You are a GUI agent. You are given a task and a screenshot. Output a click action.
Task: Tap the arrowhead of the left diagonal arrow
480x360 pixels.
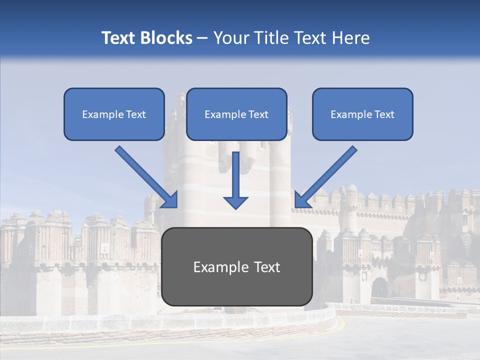tap(170, 200)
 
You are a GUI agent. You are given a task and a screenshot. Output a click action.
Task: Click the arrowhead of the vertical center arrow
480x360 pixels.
tap(235, 202)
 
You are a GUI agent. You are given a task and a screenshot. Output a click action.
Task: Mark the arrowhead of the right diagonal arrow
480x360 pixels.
tap(302, 200)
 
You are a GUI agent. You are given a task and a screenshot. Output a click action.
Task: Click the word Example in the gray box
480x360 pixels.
tap(218, 267)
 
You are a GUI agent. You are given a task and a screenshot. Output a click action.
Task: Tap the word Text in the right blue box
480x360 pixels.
tap(384, 114)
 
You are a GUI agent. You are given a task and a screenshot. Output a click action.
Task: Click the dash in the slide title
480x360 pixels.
tap(202, 38)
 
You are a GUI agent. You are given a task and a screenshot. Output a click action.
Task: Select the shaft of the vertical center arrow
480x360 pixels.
tap(235, 172)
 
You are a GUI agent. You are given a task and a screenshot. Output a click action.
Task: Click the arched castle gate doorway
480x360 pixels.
tap(380, 288)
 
